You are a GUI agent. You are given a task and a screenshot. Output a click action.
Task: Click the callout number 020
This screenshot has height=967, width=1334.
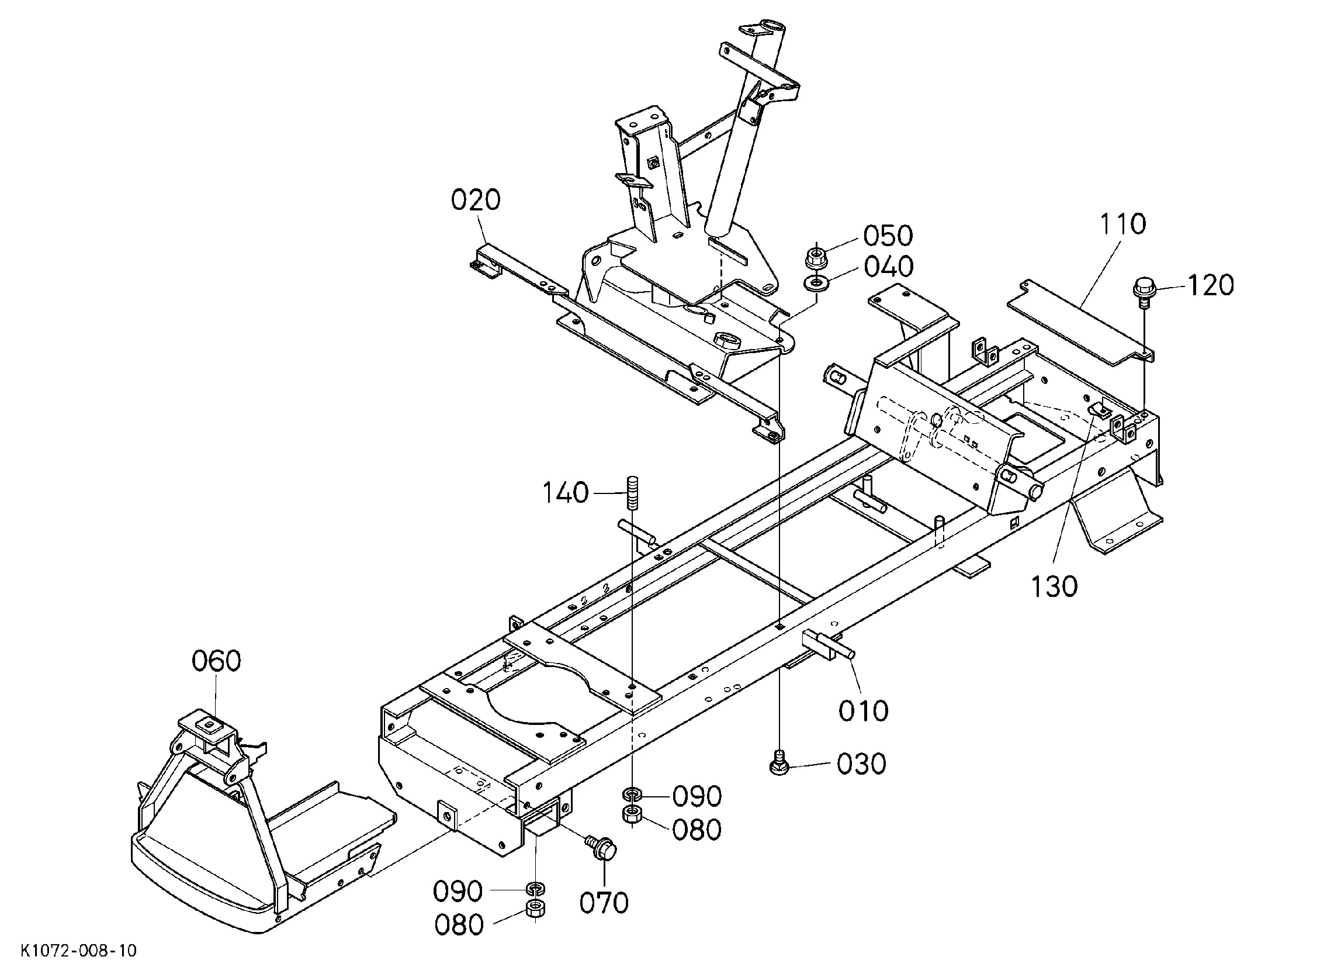pyautogui.click(x=475, y=200)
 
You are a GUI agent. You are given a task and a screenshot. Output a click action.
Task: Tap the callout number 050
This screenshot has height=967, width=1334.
pyautogui.click(x=888, y=236)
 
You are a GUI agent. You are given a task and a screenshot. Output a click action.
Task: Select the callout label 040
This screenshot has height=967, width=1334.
pyautogui.click(x=889, y=267)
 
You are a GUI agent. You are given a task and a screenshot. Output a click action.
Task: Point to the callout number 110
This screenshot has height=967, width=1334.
pyautogui.click(x=1122, y=225)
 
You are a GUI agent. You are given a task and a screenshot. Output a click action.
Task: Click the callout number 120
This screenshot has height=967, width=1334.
pyautogui.click(x=1211, y=285)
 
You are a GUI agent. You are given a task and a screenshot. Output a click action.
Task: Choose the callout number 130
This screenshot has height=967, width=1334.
pyautogui.click(x=1055, y=586)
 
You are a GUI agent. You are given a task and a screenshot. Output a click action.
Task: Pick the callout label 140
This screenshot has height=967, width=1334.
pyautogui.click(x=564, y=493)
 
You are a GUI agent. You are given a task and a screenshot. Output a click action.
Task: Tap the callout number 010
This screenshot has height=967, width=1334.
pyautogui.click(x=864, y=711)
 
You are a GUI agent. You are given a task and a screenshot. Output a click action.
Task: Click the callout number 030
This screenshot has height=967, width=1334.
pyautogui.click(x=862, y=764)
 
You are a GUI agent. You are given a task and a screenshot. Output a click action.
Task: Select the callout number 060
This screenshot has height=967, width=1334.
pyautogui.click(x=216, y=661)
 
